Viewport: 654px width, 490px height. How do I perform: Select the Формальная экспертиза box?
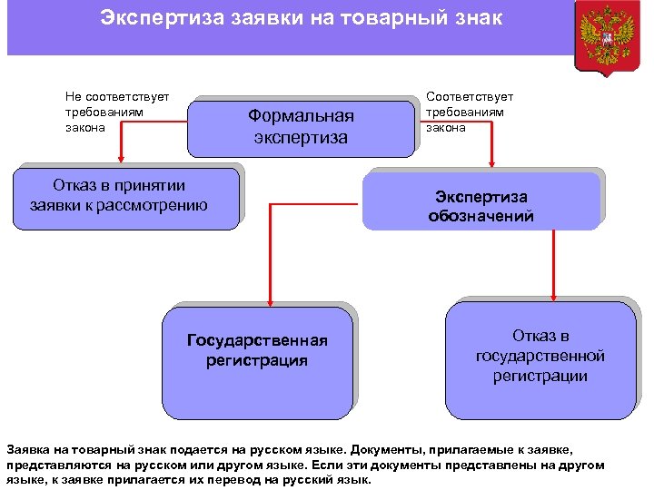tap(301, 127)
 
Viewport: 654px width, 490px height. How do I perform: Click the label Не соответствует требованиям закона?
tap(117, 112)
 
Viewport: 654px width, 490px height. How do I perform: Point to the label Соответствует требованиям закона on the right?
tap(470, 112)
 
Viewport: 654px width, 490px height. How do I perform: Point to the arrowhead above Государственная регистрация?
tap(269, 303)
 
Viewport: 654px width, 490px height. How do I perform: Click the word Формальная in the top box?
tap(301, 116)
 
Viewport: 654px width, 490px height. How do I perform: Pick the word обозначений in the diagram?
tap(481, 217)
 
